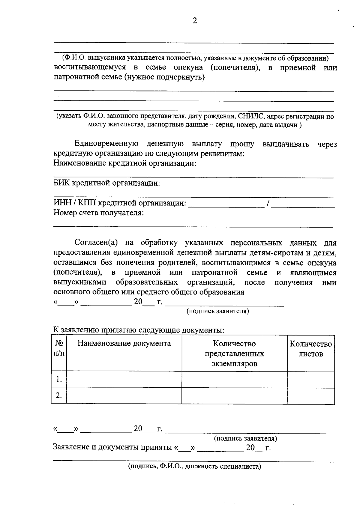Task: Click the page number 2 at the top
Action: pyautogui.click(x=195, y=21)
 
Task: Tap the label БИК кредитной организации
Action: pyautogui.click(x=106, y=183)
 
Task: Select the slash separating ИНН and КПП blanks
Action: pyautogui.click(x=269, y=204)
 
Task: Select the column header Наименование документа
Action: pyautogui.click(x=124, y=343)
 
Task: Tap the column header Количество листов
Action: pyautogui.click(x=311, y=349)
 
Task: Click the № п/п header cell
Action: pyautogui.click(x=59, y=348)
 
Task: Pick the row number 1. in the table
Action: pyautogui.click(x=59, y=380)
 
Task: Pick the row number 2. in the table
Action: pyautogui.click(x=59, y=396)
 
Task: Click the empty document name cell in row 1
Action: pyautogui.click(x=124, y=380)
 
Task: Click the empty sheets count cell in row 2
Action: pyautogui.click(x=311, y=396)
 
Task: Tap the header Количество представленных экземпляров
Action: pyautogui.click(x=234, y=353)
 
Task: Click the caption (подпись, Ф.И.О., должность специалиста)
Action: pyautogui.click(x=194, y=467)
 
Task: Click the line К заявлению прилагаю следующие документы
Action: pyautogui.click(x=139, y=330)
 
